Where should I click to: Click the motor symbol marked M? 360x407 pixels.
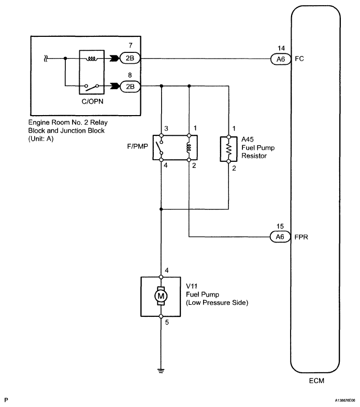pos(161,296)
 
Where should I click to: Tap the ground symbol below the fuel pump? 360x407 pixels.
pos(161,371)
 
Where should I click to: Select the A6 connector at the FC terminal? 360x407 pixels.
pos(281,59)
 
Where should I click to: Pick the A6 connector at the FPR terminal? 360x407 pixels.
pos(280,237)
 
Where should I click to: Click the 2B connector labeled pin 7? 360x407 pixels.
pos(130,58)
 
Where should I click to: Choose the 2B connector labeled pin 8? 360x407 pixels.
pos(130,87)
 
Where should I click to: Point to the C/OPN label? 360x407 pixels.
pos(92,102)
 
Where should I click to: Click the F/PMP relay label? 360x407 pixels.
pos(137,146)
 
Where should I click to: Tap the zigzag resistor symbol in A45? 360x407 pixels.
pos(228,149)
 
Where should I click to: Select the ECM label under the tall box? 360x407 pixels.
pos(316,381)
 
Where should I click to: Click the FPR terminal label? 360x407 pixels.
pos(301,237)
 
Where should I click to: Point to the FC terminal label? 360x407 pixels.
pos(299,59)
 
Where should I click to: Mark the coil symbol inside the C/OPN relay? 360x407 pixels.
pos(92,59)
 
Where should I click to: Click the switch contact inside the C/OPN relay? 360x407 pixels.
pos(92,87)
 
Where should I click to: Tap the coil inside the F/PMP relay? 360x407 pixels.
pos(189,148)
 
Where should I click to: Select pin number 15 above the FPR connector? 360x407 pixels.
pos(280,227)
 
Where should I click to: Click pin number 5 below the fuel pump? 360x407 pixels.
pos(167,322)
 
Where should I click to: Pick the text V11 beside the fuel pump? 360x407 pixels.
pos(192,286)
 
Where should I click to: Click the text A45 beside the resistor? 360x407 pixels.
pos(248,139)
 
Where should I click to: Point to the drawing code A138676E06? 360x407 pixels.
pos(344,400)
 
